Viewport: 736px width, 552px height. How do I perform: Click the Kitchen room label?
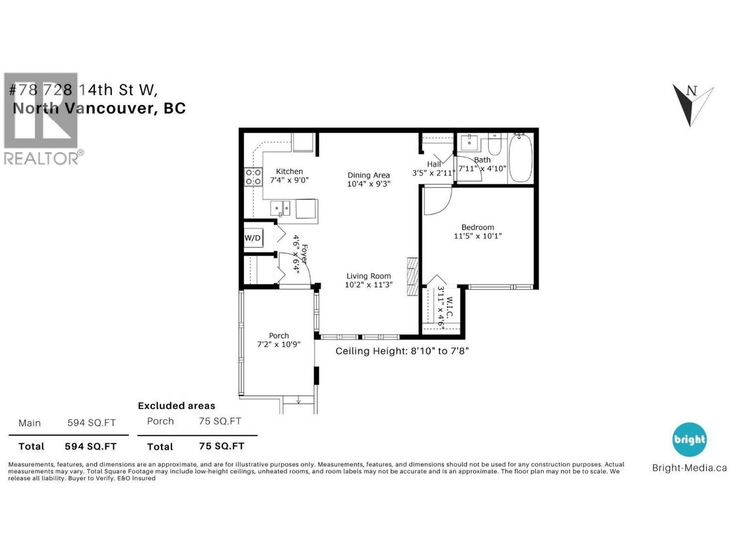pyautogui.click(x=289, y=171)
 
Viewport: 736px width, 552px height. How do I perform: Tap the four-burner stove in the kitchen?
pyautogui.click(x=253, y=176)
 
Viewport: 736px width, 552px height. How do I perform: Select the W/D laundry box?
pyautogui.click(x=253, y=239)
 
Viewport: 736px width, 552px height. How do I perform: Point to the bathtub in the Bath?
pyautogui.click(x=521, y=159)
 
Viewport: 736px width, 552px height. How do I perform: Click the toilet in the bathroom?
pyautogui.click(x=494, y=144)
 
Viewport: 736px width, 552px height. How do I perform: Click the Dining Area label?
pyautogui.click(x=368, y=175)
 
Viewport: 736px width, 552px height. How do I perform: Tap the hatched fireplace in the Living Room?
pyautogui.click(x=412, y=277)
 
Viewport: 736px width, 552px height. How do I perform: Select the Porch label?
pyautogui.click(x=279, y=336)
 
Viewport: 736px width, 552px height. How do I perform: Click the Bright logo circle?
pyautogui.click(x=690, y=440)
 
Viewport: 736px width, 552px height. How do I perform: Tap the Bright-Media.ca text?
pyautogui.click(x=690, y=467)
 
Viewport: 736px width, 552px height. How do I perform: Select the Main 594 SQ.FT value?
pyautogui.click(x=92, y=423)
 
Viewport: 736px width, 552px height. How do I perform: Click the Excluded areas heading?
pyautogui.click(x=176, y=405)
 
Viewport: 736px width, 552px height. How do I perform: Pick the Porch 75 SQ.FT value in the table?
pyautogui.click(x=220, y=421)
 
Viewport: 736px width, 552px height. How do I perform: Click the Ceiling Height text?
pyautogui.click(x=402, y=351)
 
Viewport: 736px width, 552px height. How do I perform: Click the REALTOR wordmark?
pyautogui.click(x=43, y=158)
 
